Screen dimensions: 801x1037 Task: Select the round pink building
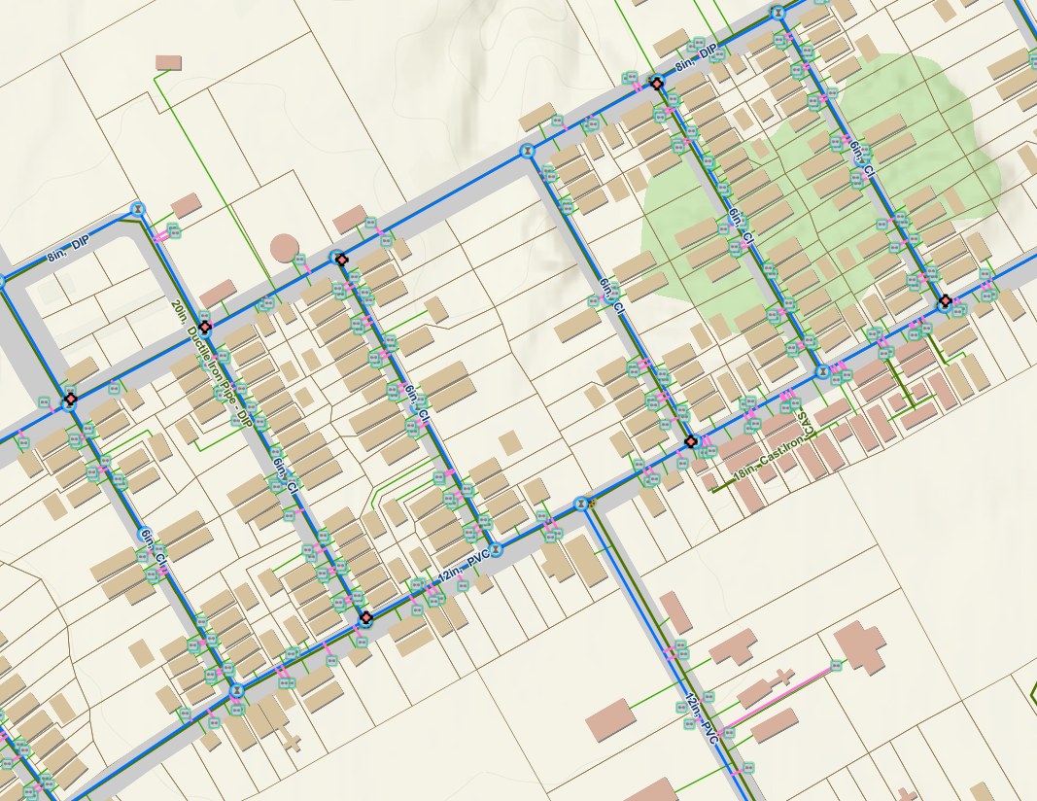click(x=284, y=247)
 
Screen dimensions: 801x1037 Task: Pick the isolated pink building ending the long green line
click(x=168, y=62)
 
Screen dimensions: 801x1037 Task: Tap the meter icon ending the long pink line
click(x=837, y=666)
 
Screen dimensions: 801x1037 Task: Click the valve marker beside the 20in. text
click(x=204, y=329)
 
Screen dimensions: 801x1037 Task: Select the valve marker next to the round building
click(x=338, y=258)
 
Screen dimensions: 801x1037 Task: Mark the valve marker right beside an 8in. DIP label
click(x=657, y=84)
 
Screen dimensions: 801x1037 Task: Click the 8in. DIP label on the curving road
click(x=68, y=260)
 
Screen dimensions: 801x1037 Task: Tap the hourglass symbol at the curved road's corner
click(x=139, y=208)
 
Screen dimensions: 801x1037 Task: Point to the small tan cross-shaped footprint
click(x=289, y=741)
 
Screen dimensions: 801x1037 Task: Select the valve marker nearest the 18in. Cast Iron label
click(x=691, y=441)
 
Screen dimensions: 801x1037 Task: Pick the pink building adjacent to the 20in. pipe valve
click(x=217, y=292)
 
